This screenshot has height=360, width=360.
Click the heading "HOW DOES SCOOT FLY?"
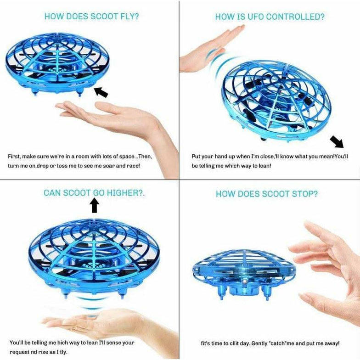(91, 17)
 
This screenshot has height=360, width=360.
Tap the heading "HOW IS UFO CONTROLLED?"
(270, 17)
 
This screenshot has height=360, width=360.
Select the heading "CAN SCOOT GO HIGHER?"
(94, 192)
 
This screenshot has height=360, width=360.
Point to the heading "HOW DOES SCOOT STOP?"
(266, 194)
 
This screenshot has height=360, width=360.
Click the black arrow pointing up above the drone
(95, 205)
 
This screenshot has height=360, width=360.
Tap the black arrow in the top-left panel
(101, 92)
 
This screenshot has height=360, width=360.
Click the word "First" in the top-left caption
(15, 157)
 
